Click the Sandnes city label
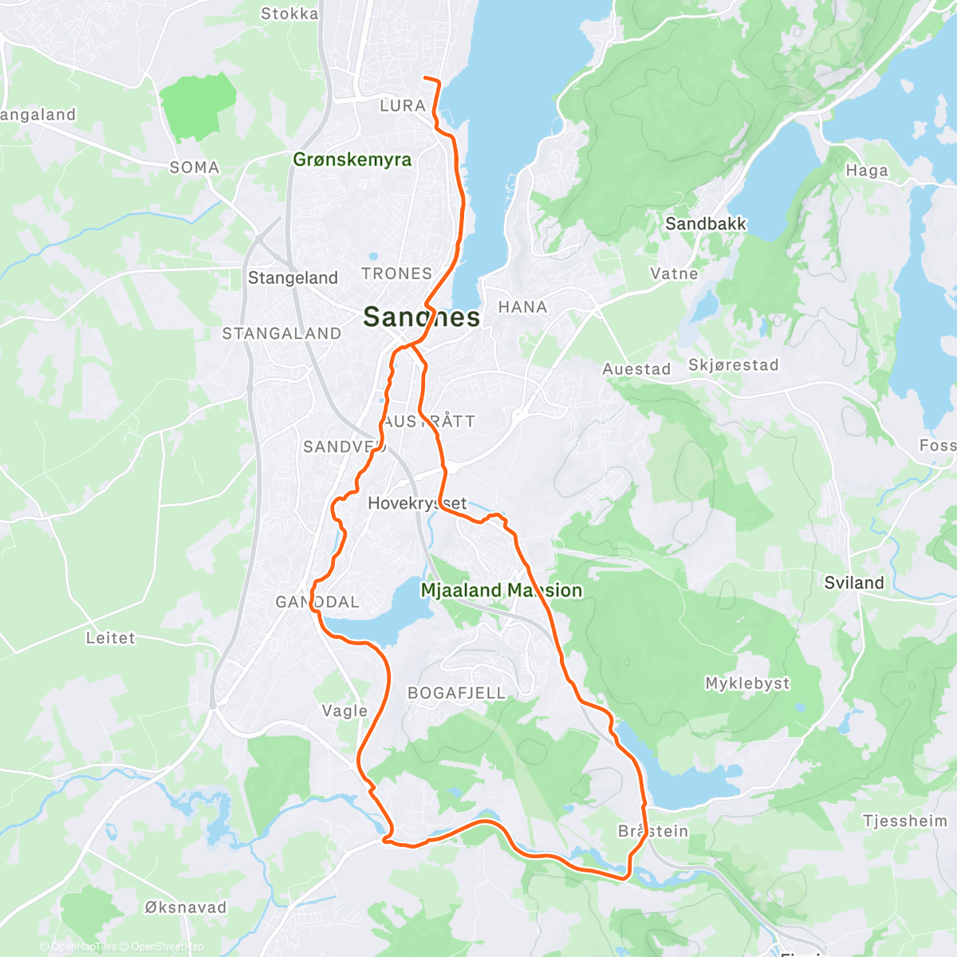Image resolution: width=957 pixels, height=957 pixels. pyautogui.click(x=421, y=317)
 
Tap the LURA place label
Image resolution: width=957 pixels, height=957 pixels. pyautogui.click(x=402, y=105)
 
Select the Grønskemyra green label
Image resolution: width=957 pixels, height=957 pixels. pyautogui.click(x=352, y=159)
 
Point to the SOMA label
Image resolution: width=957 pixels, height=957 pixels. pyautogui.click(x=194, y=167)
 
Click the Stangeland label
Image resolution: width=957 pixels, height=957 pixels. pyautogui.click(x=293, y=278)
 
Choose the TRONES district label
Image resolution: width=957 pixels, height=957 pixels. pyautogui.click(x=396, y=274)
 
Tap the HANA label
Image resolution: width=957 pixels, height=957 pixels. pyautogui.click(x=522, y=307)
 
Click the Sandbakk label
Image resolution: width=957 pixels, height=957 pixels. pyautogui.click(x=706, y=224)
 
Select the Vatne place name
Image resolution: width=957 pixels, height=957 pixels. pyautogui.click(x=674, y=274)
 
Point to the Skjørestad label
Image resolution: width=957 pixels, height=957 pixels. pyautogui.click(x=733, y=365)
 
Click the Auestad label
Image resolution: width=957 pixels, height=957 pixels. pyautogui.click(x=636, y=368)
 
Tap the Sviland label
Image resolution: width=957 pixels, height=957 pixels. pyautogui.click(x=854, y=583)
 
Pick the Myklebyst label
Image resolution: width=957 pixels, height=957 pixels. pyautogui.click(x=747, y=683)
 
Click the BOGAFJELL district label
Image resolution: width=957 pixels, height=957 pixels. pyautogui.click(x=456, y=693)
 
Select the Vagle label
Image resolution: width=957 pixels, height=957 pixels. pyautogui.click(x=345, y=711)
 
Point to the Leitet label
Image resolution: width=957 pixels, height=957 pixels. pyautogui.click(x=111, y=638)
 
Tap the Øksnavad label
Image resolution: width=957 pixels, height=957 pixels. pyautogui.click(x=185, y=908)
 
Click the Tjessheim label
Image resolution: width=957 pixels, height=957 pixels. pyautogui.click(x=904, y=821)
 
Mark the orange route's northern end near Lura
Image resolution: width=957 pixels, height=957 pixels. pyautogui.click(x=425, y=78)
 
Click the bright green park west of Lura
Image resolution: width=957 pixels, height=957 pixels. pyautogui.click(x=197, y=108)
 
